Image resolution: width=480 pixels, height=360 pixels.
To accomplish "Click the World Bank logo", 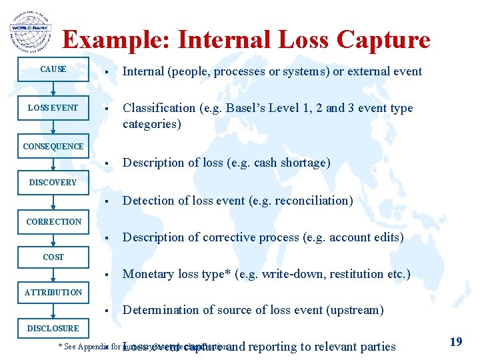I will click(x=30, y=30).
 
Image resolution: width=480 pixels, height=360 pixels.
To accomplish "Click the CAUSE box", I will click(x=53, y=69).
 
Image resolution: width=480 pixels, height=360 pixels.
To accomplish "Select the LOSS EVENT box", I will click(x=53, y=108).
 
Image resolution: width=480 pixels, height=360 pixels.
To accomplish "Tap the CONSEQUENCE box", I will click(x=53, y=147).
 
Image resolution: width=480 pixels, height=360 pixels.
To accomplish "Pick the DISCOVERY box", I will click(x=53, y=183).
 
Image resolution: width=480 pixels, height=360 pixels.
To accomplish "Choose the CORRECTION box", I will click(x=53, y=221).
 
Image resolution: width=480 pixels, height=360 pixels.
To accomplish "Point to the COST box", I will click(x=53, y=257).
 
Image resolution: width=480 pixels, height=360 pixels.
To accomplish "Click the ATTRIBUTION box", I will click(x=53, y=293).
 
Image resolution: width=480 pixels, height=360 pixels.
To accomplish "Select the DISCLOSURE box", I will click(x=53, y=329).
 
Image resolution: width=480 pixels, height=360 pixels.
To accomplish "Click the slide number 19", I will click(x=456, y=342).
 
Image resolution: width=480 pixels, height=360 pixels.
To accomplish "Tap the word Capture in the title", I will click(x=383, y=40).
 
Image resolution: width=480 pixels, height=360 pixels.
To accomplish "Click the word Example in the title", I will click(x=116, y=40).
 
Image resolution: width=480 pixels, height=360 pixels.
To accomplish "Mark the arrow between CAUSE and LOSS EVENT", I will click(x=53, y=90).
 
